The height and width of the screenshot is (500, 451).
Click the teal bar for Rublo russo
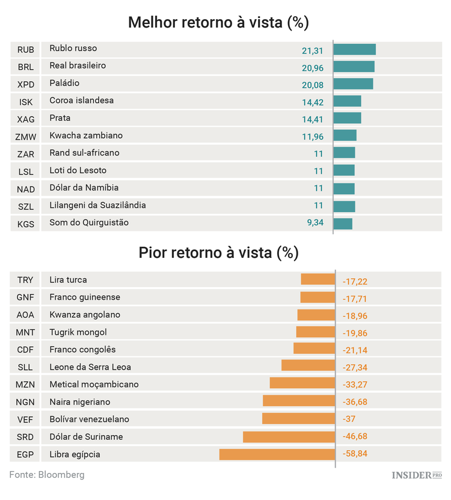tap(354, 49)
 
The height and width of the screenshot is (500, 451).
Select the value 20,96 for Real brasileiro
tap(313, 67)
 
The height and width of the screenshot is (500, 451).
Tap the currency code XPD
tap(26, 84)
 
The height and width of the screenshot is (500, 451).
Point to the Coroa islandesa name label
tap(81, 100)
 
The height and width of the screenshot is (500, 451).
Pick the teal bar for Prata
tap(347, 118)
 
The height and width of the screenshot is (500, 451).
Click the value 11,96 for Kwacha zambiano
tap(313, 136)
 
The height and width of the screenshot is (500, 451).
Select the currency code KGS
tap(26, 224)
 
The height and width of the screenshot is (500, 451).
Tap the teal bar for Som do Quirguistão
tap(343, 224)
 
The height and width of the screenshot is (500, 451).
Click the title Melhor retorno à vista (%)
tap(218, 23)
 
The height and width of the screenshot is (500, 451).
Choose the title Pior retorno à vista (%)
tap(218, 252)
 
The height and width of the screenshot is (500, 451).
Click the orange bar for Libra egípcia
tap(277, 454)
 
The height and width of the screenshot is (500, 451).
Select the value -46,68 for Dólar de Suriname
tap(355, 437)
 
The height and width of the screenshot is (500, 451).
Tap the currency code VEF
tap(26, 419)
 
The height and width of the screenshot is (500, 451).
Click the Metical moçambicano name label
tap(94, 384)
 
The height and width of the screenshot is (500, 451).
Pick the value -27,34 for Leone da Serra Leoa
tap(355, 367)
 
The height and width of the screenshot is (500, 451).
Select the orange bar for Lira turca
tap(318, 279)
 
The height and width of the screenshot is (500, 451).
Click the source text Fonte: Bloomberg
tap(47, 475)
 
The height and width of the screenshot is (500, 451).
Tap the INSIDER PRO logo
tap(416, 475)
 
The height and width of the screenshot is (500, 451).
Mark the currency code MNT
tap(26, 332)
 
